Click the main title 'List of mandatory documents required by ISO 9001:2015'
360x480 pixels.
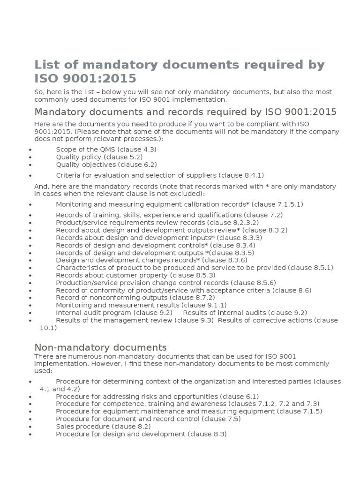point(180,71)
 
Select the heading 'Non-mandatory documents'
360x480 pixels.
point(100,347)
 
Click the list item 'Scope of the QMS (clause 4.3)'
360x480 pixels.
point(106,149)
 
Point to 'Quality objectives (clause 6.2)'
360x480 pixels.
point(106,165)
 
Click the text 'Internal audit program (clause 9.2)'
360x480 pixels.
point(114,313)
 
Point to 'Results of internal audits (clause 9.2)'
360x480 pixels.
point(245,313)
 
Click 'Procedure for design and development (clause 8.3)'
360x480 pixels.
point(141,434)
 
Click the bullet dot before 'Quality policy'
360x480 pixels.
point(30,157)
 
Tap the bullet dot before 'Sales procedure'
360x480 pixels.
point(30,427)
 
